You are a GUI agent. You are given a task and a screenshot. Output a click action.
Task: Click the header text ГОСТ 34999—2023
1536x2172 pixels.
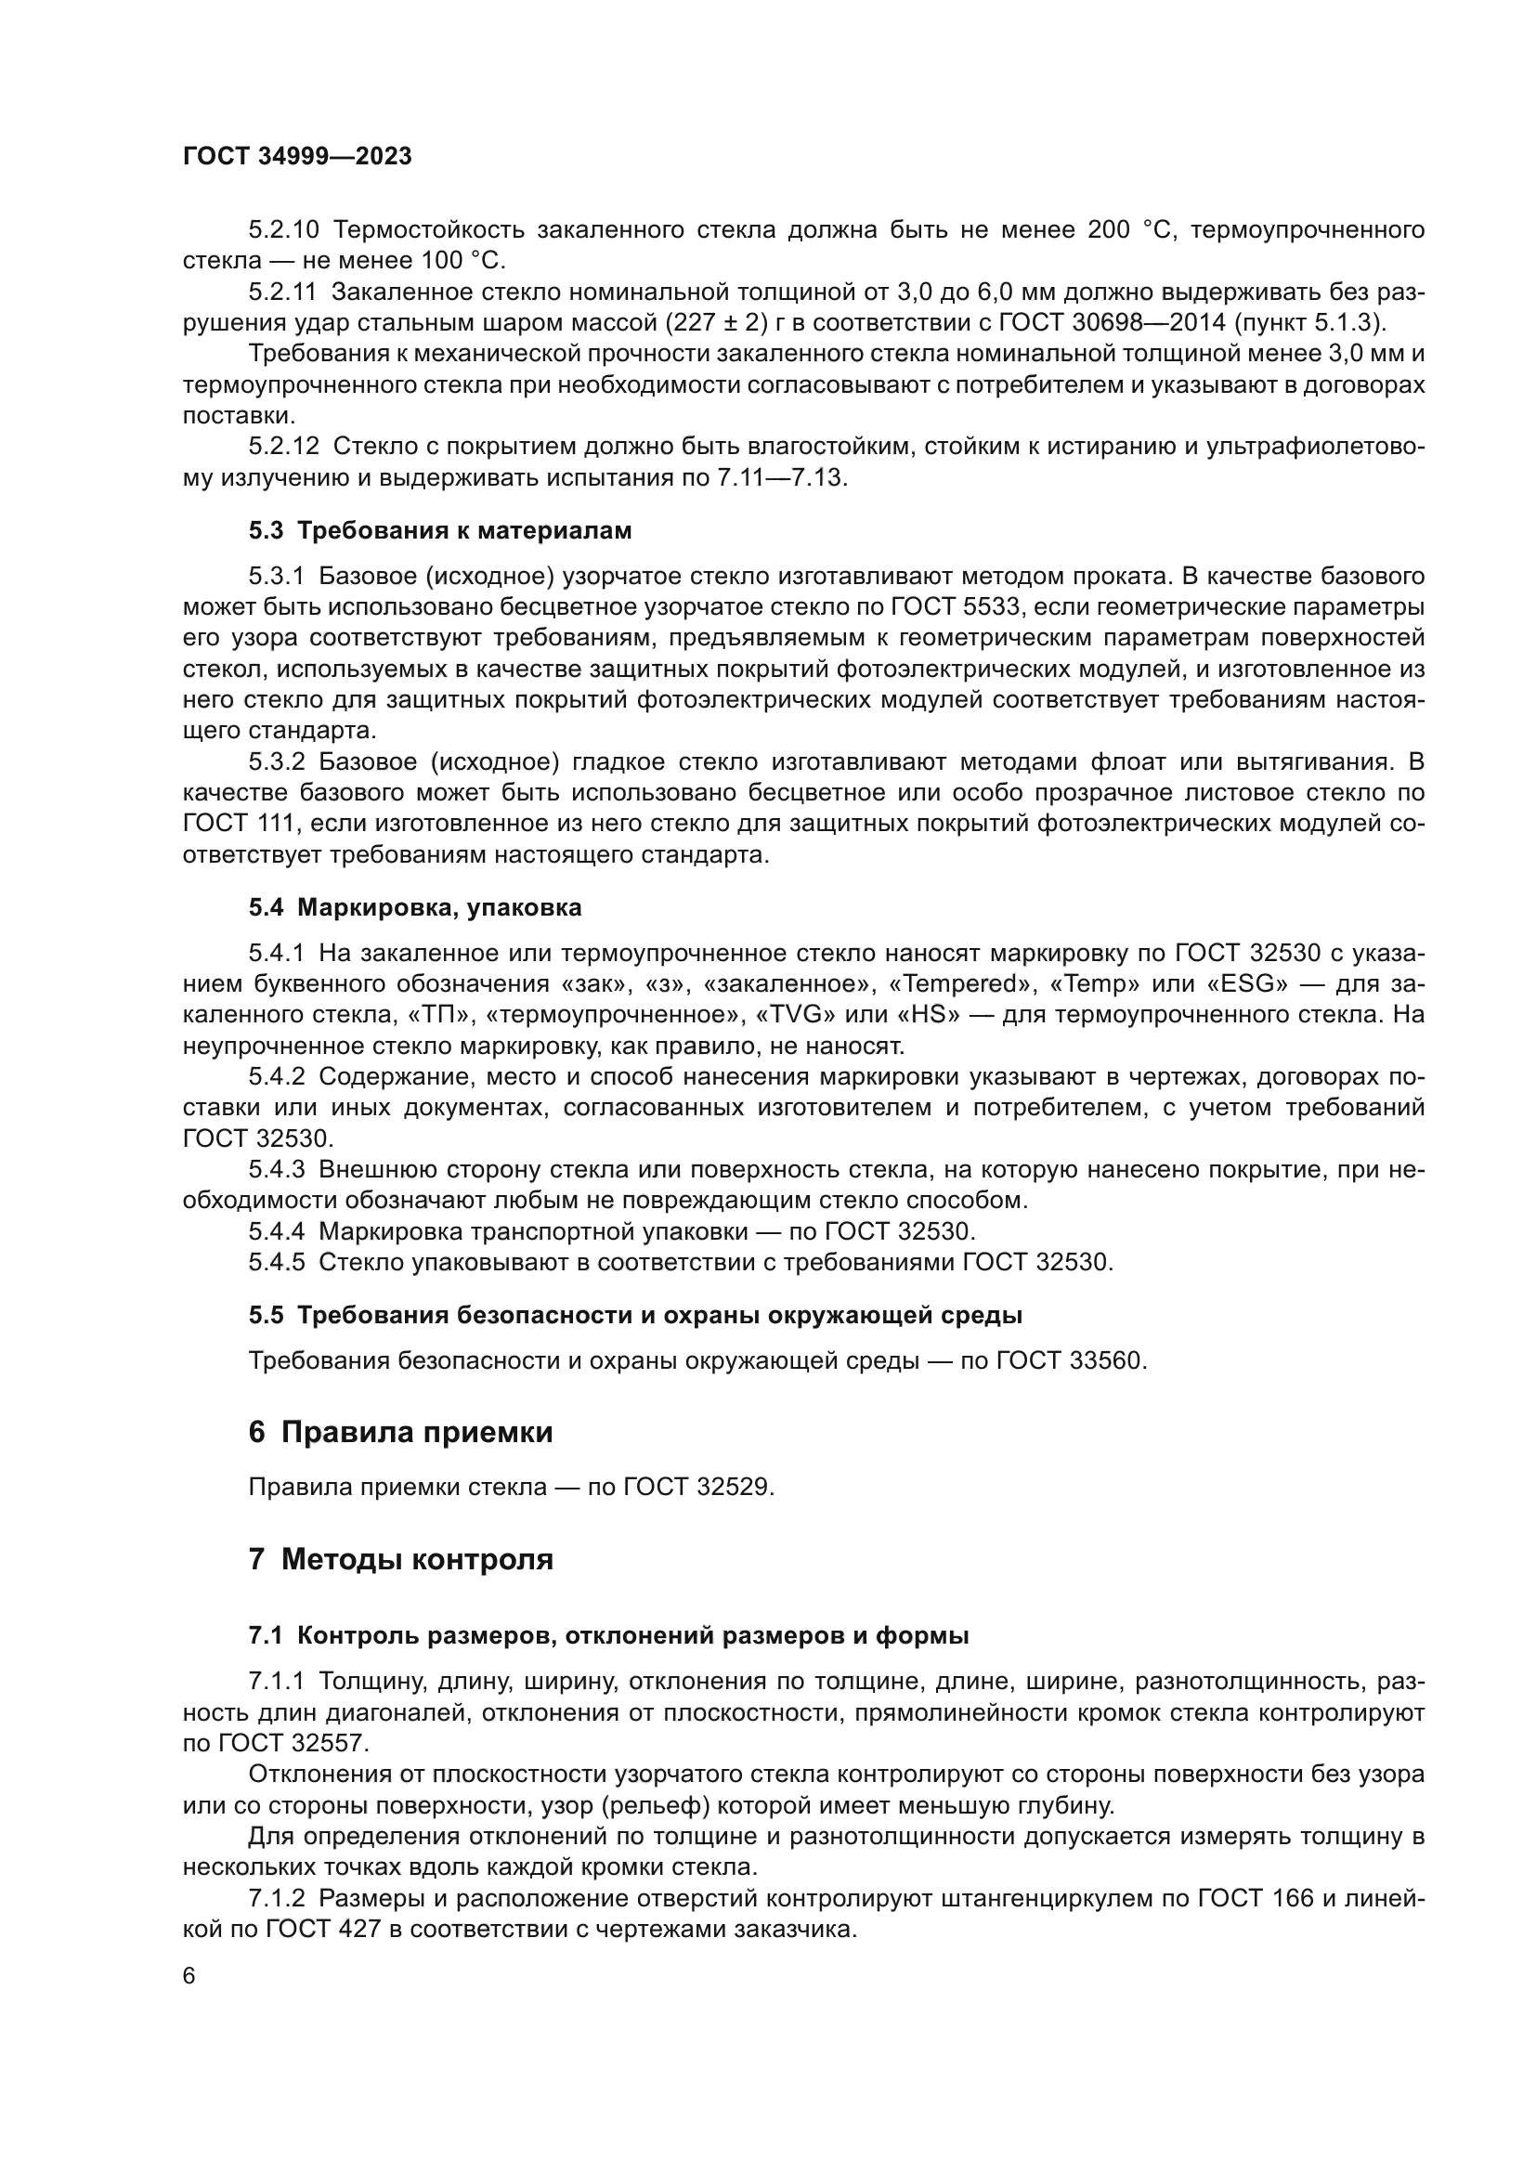coord(297,156)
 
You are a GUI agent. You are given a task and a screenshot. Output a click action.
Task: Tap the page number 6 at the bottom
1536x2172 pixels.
coord(189,1976)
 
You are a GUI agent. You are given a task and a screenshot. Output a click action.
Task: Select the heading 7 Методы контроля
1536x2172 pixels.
coord(400,1585)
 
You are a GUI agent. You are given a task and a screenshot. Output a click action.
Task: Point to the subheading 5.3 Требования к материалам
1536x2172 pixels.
coord(440,531)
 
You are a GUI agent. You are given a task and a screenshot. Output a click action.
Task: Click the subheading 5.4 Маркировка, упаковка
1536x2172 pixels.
coord(415,907)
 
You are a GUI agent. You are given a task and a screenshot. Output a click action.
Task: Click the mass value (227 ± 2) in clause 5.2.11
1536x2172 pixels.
coord(716,322)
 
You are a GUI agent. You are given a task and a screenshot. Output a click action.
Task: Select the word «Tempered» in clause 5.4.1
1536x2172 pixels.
coord(961,983)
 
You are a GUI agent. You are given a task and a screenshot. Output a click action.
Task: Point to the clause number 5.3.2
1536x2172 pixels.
coord(276,761)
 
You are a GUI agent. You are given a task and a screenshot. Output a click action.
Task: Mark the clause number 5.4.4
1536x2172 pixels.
coord(276,1230)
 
